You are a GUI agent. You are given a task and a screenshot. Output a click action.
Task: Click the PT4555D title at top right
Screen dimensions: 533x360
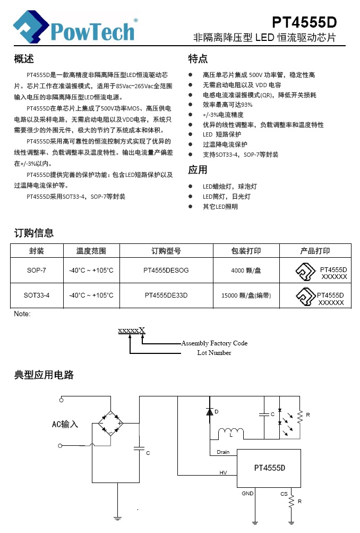(x=304, y=22)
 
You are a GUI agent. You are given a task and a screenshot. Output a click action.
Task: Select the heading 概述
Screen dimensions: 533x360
(x=24, y=58)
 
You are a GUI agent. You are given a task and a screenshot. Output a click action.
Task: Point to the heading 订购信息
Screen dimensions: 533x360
(x=33, y=233)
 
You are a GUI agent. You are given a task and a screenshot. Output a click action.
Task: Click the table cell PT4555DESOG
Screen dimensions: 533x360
(x=166, y=270)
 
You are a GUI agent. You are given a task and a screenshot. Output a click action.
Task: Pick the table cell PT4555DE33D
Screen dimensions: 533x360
(x=166, y=295)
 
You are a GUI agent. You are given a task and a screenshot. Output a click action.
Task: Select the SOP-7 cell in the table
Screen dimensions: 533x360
(x=37, y=270)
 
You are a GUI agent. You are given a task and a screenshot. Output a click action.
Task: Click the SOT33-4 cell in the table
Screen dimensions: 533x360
(x=37, y=295)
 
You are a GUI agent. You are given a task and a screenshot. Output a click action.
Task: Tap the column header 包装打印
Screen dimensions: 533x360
(x=246, y=251)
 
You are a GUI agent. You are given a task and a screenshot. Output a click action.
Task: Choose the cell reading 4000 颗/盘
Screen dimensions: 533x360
(x=246, y=270)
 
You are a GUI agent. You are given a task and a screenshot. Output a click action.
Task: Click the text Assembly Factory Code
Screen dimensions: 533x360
(x=214, y=343)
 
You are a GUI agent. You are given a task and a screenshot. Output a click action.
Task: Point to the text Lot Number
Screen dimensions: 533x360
(x=214, y=353)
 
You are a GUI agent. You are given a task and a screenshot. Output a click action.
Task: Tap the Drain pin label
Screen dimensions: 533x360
(x=223, y=452)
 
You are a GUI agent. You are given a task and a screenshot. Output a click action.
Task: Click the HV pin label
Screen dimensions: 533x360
(x=223, y=472)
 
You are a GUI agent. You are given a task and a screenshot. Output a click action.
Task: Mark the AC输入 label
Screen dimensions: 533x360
(x=65, y=424)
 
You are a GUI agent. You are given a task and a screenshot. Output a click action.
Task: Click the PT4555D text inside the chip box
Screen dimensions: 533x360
(x=269, y=468)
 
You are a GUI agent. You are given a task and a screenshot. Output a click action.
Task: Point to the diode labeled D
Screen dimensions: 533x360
(x=209, y=411)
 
